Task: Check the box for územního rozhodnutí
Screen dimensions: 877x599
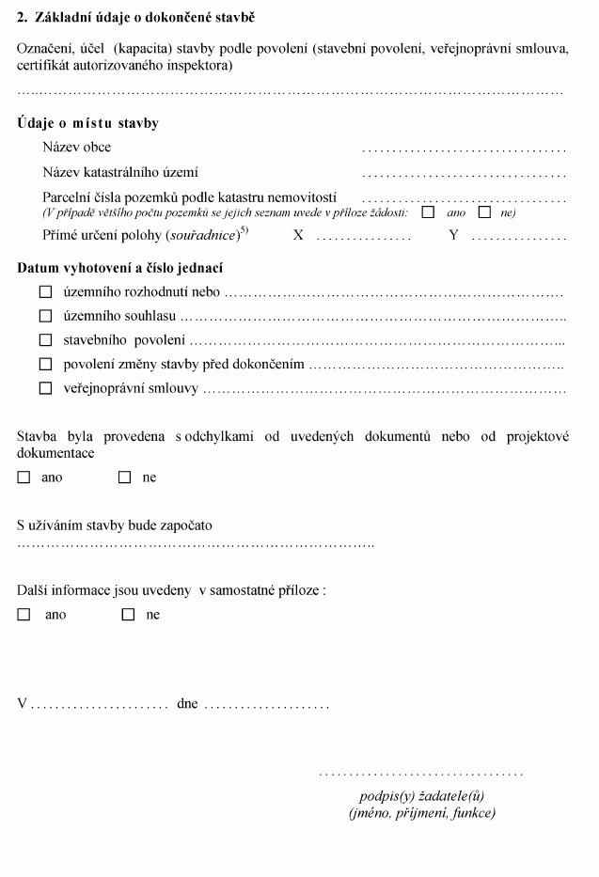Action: tap(45, 292)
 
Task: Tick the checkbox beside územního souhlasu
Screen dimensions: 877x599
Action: tap(45, 317)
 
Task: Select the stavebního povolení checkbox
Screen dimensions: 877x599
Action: tap(45, 340)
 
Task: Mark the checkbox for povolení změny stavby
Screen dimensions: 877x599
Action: tap(45, 364)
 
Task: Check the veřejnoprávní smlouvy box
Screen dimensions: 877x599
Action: tap(45, 388)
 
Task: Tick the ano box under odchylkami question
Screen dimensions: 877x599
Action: tap(24, 478)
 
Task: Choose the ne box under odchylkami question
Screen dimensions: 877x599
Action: tap(124, 478)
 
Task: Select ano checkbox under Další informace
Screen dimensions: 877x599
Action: tap(24, 615)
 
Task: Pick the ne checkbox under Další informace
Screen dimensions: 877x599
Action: tap(128, 615)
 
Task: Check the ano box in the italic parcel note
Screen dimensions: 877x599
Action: tap(428, 212)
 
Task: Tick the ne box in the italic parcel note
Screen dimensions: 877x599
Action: tap(485, 212)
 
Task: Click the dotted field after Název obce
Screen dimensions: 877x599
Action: tap(464, 149)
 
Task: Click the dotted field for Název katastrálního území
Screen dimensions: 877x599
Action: tap(464, 175)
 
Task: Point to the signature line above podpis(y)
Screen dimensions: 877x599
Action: tap(420, 774)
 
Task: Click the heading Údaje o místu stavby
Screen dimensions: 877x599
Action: tap(87, 123)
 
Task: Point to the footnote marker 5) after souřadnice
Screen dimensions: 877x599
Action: tap(244, 230)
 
